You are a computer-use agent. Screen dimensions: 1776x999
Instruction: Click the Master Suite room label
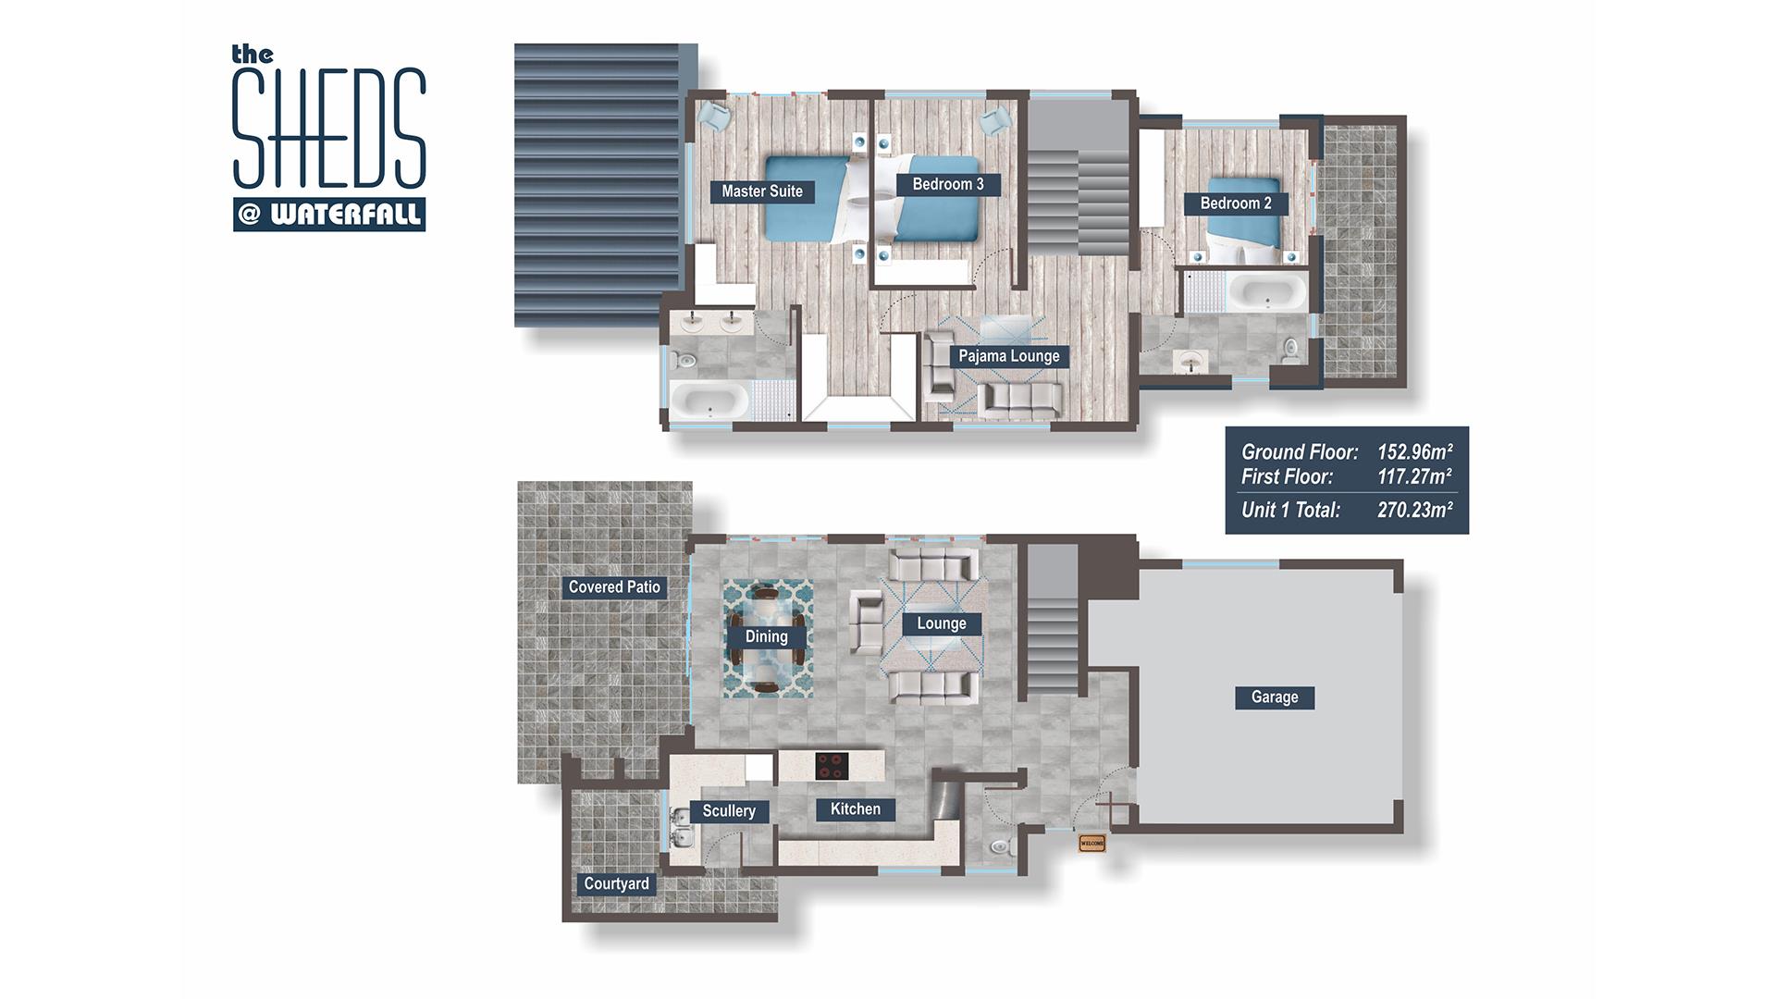coord(762,191)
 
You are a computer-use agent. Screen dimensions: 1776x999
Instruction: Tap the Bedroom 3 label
coord(948,184)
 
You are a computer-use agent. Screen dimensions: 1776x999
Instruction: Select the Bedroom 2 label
coord(1236,203)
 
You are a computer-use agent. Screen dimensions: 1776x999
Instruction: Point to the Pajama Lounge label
coord(1009,356)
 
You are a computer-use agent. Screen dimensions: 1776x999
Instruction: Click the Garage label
coord(1275,697)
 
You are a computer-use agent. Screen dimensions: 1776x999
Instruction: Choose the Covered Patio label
coord(614,587)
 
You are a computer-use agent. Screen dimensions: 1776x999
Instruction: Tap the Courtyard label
coord(616,884)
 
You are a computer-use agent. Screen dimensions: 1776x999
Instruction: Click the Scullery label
coord(729,811)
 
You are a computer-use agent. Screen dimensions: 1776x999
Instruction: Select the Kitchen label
coord(856,809)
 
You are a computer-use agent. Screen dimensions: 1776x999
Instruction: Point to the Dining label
coord(767,636)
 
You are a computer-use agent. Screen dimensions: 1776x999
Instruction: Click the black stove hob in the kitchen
coord(832,766)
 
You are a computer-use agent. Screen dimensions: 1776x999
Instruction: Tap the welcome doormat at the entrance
coord(1092,843)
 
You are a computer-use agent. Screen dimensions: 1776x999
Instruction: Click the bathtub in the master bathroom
coord(709,401)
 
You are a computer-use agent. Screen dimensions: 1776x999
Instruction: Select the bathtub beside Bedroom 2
coord(1266,292)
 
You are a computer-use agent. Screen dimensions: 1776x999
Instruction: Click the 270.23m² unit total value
coord(1414,510)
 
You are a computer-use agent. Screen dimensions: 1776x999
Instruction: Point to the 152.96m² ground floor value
coord(1414,452)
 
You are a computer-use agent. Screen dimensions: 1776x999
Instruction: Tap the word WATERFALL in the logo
coord(346,216)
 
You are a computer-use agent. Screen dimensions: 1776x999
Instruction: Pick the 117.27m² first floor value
coord(1414,477)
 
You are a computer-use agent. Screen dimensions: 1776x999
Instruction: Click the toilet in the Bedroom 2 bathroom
coord(1291,349)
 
